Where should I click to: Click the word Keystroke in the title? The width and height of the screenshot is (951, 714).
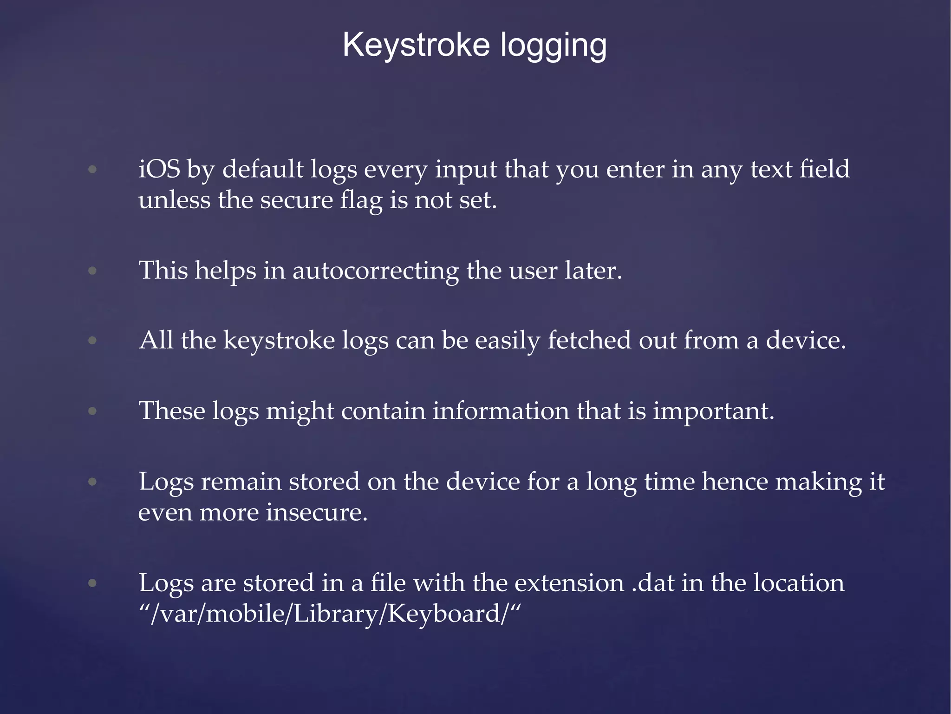[416, 45]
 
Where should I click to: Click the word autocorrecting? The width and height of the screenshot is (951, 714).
[375, 271]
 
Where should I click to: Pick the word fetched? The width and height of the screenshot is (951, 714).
[589, 340]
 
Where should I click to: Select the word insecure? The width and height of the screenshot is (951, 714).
[317, 512]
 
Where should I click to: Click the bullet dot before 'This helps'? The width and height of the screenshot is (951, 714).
[92, 271]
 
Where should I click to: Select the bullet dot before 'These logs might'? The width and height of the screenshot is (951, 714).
[92, 411]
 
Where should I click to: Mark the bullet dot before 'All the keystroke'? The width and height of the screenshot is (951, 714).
[92, 340]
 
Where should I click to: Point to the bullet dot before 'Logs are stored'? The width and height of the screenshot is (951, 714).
[92, 583]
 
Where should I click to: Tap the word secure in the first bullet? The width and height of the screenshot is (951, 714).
[296, 200]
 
